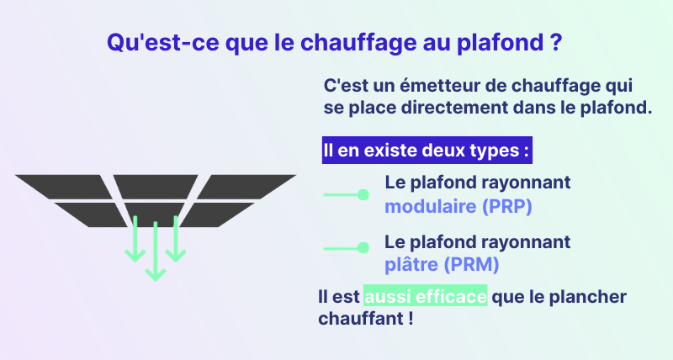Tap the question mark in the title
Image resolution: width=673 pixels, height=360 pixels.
(555, 42)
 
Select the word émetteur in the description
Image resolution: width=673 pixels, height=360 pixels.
(439, 86)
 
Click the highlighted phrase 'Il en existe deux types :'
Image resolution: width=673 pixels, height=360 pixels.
(427, 151)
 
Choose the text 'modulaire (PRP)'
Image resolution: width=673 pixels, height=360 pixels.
(458, 206)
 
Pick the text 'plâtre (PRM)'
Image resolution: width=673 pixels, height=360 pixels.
(442, 264)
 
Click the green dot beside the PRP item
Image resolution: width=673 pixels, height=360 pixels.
(363, 195)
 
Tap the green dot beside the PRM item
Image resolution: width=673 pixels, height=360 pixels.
(363, 247)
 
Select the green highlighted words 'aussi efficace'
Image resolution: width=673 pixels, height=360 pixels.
(426, 295)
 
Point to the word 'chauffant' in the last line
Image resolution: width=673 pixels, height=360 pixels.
(361, 319)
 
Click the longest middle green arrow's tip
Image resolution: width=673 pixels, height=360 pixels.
(156, 281)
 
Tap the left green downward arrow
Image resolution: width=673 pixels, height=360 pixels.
(135, 239)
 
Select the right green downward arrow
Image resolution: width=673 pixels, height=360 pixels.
(176, 239)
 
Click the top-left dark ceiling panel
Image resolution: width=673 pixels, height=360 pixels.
(65, 187)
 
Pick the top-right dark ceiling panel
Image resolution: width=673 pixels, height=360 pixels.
(246, 187)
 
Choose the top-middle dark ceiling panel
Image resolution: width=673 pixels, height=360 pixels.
(156, 187)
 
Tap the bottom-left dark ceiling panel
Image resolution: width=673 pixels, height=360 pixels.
(92, 214)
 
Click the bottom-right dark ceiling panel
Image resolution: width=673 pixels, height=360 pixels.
(217, 214)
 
